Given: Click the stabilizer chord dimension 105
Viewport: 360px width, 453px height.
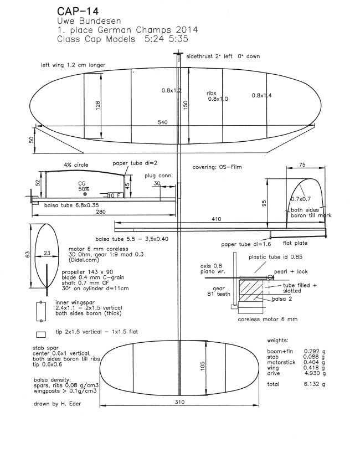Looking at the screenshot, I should (x=203, y=366).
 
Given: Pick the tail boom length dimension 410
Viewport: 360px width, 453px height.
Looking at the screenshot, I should (x=228, y=218).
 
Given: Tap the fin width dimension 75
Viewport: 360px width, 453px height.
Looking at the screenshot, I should (x=303, y=165).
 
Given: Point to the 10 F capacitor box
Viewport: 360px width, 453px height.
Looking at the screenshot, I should (x=112, y=195).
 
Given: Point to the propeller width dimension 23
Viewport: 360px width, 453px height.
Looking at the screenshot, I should (x=48, y=254).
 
